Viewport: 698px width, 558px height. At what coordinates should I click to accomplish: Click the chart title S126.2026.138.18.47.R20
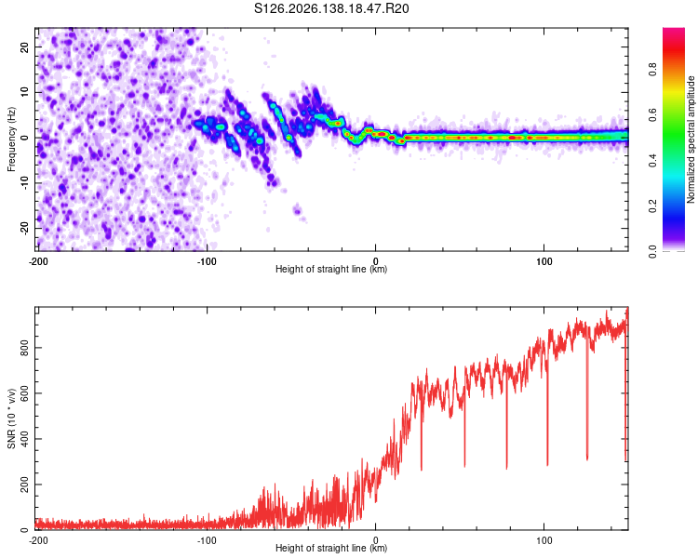(x=331, y=8)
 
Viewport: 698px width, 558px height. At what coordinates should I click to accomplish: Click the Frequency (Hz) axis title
(x=11, y=139)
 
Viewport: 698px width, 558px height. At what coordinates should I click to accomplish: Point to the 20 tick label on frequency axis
(x=25, y=46)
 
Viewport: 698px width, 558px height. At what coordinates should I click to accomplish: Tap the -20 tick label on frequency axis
(x=25, y=228)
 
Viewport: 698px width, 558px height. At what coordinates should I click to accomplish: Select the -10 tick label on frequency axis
(x=25, y=182)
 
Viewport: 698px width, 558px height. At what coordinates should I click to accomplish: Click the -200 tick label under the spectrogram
(x=38, y=261)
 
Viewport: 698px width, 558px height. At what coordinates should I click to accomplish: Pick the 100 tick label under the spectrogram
(x=544, y=261)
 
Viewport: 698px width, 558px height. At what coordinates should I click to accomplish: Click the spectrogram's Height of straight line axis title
(x=331, y=269)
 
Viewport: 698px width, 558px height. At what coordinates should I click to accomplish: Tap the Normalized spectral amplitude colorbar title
(x=691, y=139)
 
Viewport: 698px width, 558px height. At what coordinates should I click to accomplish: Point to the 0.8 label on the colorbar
(x=652, y=70)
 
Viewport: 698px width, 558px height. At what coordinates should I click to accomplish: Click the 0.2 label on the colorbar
(x=652, y=206)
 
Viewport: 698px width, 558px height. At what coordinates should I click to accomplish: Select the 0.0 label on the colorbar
(x=652, y=252)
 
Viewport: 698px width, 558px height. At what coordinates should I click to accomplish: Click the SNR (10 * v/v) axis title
(x=11, y=418)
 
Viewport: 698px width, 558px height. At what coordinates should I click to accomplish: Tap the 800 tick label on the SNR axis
(x=25, y=348)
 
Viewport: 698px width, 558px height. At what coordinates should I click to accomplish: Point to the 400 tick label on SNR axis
(x=25, y=439)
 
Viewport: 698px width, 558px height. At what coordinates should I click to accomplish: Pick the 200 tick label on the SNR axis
(x=25, y=485)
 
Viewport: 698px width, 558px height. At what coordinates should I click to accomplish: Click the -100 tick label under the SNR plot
(x=207, y=540)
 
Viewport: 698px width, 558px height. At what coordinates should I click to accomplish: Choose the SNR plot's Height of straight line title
(x=331, y=548)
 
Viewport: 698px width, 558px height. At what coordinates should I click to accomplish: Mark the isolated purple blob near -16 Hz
(x=297, y=209)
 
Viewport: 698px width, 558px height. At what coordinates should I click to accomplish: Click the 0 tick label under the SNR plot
(x=375, y=540)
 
